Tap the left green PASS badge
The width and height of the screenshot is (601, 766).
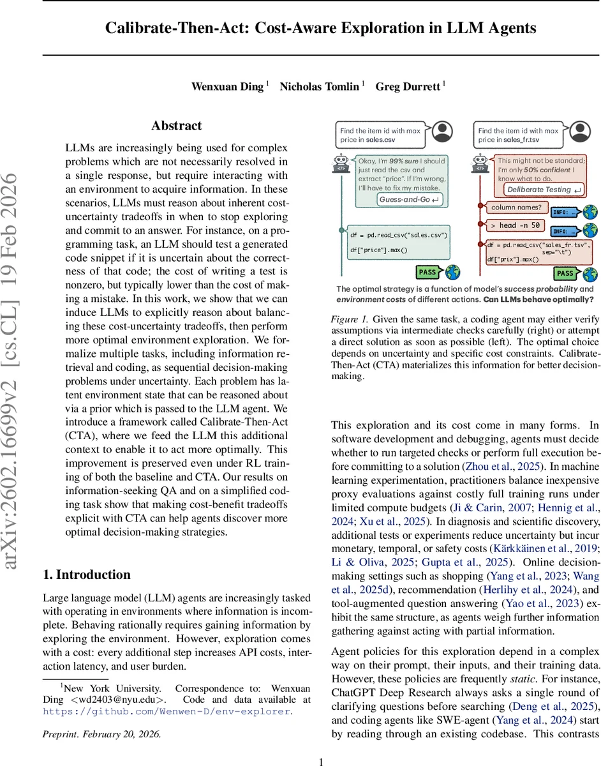tap(427, 273)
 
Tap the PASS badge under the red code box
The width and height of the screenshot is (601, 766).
tap(565, 273)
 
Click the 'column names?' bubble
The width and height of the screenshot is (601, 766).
tap(516, 207)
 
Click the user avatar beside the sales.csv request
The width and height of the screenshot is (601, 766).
tap(442, 132)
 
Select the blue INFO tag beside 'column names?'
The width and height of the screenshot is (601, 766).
tap(564, 212)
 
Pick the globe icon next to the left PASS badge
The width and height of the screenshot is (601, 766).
tap(453, 273)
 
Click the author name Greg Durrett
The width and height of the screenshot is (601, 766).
tap(408, 86)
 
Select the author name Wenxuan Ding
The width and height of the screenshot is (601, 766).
tap(227, 86)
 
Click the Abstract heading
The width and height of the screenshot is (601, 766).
tap(176, 126)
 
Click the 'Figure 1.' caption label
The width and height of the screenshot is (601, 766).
tap(348, 319)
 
